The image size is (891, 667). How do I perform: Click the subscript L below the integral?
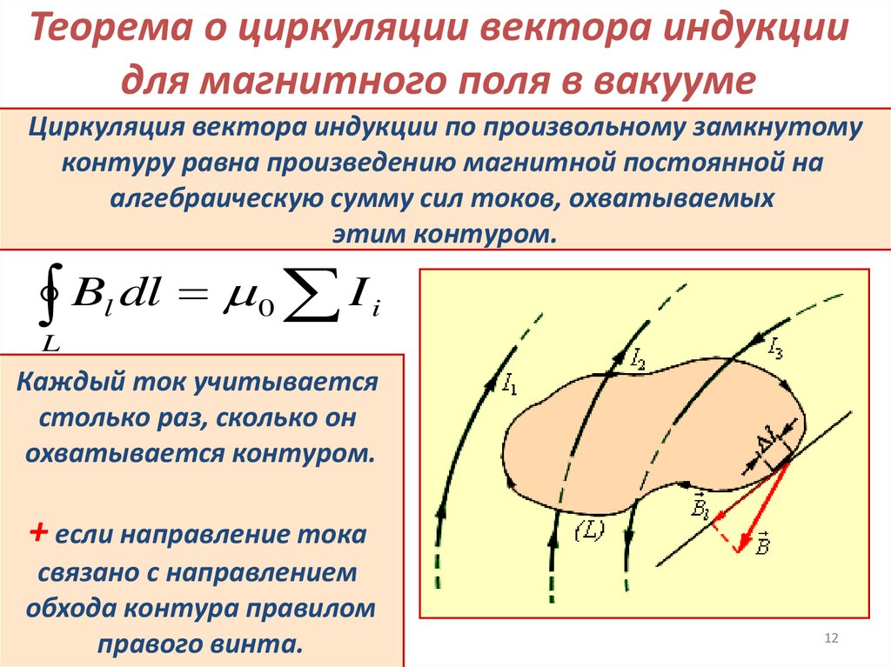point(50,344)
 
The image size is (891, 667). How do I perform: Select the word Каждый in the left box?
point(74,383)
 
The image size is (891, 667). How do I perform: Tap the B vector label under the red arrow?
point(761,547)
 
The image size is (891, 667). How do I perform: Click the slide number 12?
point(830,639)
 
